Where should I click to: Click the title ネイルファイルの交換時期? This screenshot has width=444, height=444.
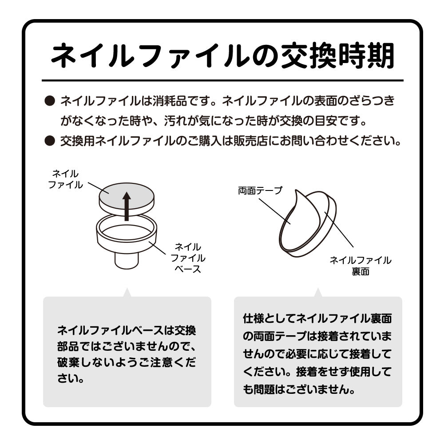222,56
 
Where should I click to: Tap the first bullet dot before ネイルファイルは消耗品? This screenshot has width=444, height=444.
50,101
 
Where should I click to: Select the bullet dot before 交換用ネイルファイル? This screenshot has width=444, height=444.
50,141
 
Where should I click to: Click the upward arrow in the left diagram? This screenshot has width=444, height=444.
127,206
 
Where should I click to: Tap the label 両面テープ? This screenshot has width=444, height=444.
260,190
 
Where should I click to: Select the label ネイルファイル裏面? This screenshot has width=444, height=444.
361,266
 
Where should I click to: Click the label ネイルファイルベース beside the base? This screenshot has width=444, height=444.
188,258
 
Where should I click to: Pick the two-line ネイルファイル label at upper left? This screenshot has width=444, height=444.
65,179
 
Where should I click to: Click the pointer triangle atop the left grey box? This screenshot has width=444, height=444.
127,293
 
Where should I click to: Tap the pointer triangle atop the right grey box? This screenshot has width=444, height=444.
318,293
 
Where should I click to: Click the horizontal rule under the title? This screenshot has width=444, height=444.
222,80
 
